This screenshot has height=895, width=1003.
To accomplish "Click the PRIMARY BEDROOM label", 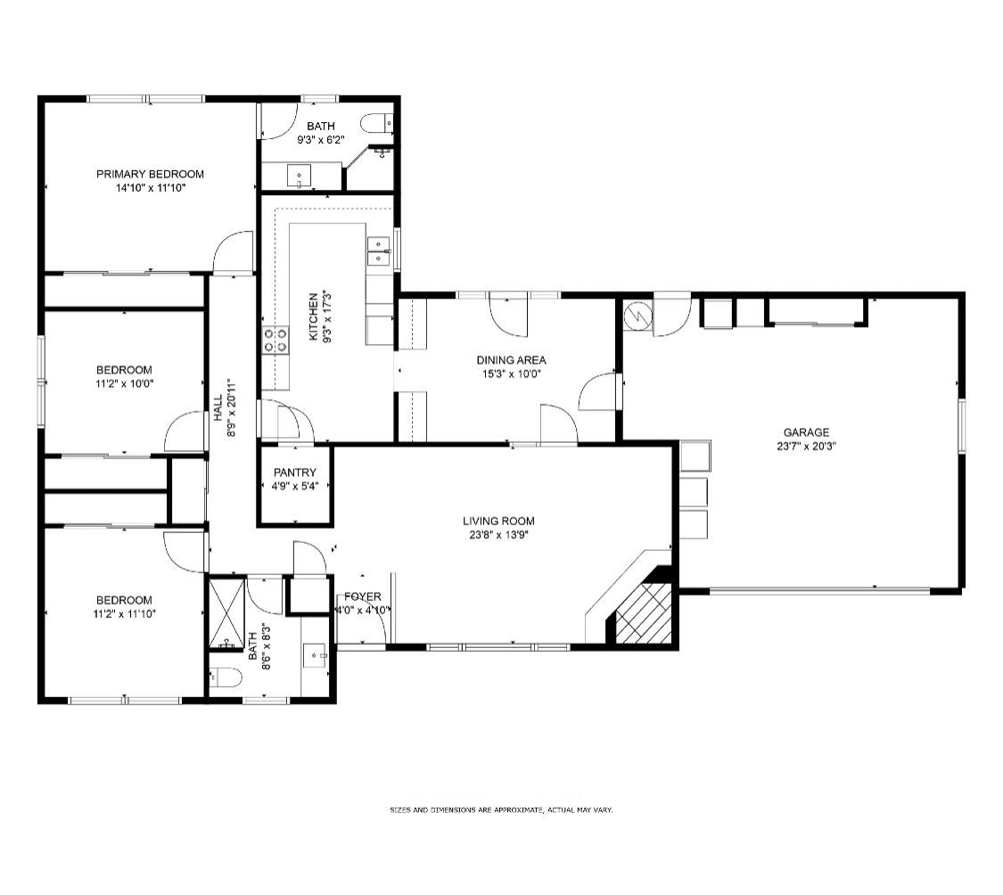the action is tap(151, 174).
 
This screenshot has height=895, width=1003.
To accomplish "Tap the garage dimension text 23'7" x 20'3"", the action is tap(806, 447).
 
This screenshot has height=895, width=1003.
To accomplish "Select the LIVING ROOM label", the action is tap(498, 521).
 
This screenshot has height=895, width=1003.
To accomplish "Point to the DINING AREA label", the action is tap(511, 360).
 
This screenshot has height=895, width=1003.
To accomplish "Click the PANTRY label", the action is tap(295, 472).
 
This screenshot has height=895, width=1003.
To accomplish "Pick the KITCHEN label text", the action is tap(314, 316).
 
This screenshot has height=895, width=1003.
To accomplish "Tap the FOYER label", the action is tap(363, 597).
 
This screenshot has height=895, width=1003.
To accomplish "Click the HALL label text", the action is tap(218, 407).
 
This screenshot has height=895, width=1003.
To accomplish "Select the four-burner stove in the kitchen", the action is tap(275, 340).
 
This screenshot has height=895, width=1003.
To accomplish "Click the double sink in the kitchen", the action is tap(378, 251).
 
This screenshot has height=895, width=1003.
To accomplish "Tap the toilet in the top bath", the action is tap(377, 122).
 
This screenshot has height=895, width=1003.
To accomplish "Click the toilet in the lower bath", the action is tap(225, 677).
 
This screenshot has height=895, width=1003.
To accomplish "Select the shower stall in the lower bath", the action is tap(228, 613).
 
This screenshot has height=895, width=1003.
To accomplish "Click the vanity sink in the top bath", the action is tap(299, 175).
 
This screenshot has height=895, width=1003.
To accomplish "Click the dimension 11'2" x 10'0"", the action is tap(125, 384).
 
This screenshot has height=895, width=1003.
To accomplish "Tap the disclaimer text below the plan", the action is tap(501, 810).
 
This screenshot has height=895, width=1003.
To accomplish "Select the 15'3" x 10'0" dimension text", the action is tap(512, 374).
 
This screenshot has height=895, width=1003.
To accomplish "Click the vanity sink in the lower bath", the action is tap(315, 655).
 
